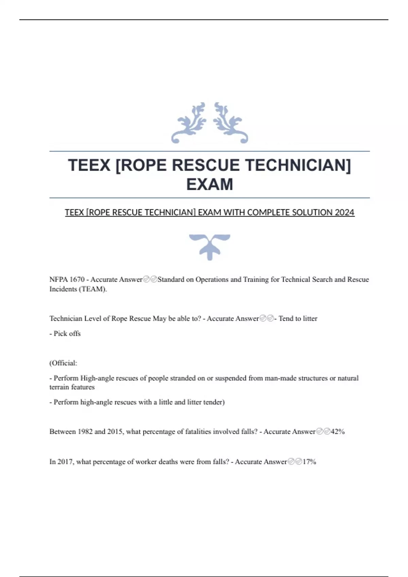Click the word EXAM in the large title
click(x=209, y=184)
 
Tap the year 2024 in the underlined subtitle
click(x=344, y=212)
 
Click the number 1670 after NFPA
click(x=77, y=279)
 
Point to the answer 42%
click(x=338, y=432)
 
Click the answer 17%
click(x=309, y=462)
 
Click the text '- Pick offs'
click(x=65, y=334)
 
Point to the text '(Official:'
click(x=63, y=363)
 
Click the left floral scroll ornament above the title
click(x=189, y=123)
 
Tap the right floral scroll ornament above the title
click(x=231, y=123)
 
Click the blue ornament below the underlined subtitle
click(x=209, y=247)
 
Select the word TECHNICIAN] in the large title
click(x=298, y=165)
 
